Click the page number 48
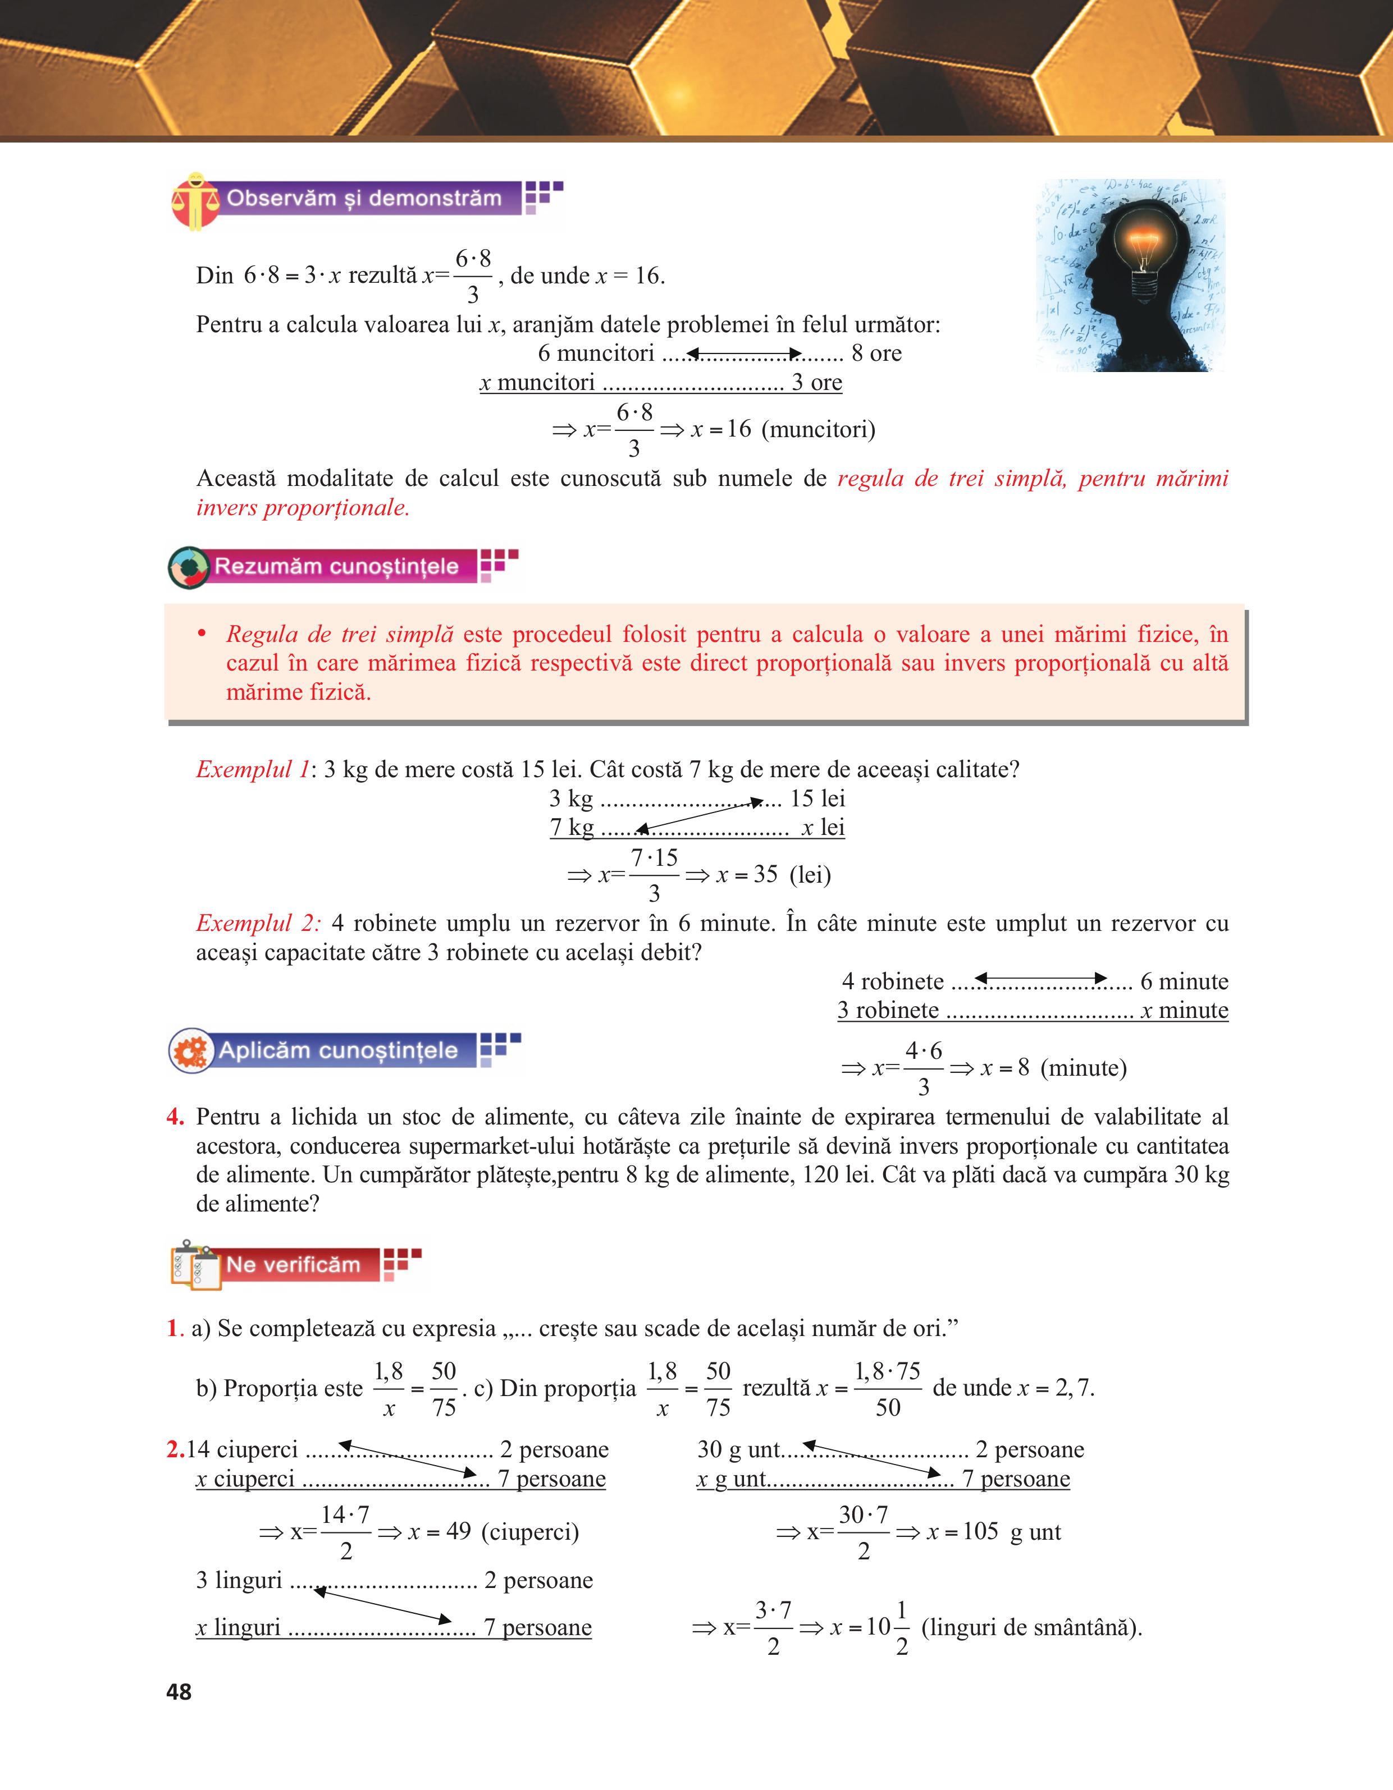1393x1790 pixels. [179, 1691]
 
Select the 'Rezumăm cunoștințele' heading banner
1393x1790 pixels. [336, 566]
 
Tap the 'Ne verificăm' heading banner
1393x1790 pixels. [293, 1265]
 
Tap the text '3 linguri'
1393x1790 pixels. [239, 1580]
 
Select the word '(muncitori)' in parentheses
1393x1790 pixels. [818, 429]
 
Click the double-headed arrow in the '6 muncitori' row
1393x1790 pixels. [743, 354]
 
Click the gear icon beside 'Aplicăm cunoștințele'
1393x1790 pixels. [191, 1051]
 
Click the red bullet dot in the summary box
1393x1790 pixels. [202, 634]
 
